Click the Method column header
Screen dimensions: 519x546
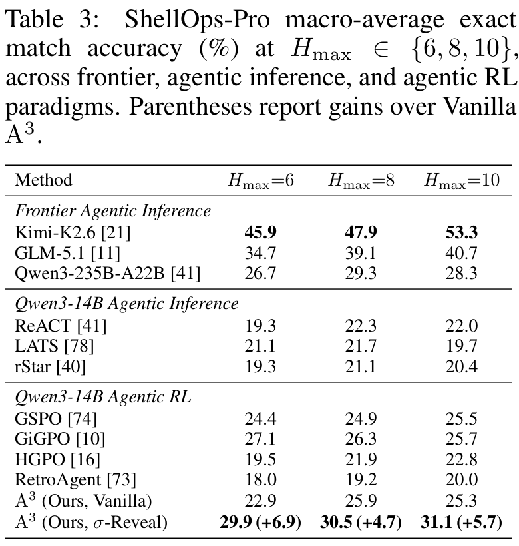[x=43, y=180]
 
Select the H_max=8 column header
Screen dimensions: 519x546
[x=361, y=180]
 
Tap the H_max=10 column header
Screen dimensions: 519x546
[x=462, y=180]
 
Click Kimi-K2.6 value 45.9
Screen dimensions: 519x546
[x=260, y=232]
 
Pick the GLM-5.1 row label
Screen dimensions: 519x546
[x=67, y=253]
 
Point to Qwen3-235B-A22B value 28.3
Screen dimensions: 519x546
[x=462, y=273]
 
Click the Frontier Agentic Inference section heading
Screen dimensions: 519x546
[x=112, y=211]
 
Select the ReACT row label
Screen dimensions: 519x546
[x=61, y=326]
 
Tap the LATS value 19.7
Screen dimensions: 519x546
[x=462, y=346]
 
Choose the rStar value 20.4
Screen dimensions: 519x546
[x=462, y=366]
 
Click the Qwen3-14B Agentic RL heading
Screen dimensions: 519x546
[x=103, y=397]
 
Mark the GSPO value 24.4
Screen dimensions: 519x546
[x=260, y=419]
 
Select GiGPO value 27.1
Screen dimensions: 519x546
[x=260, y=439]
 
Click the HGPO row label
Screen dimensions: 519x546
[x=57, y=459]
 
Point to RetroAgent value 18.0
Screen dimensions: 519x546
[x=260, y=479]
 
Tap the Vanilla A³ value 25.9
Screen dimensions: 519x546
[x=361, y=501]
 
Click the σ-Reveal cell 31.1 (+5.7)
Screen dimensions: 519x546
[x=462, y=522]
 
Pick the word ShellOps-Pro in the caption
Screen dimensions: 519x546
[x=197, y=19]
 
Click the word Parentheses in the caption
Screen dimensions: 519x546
[x=190, y=107]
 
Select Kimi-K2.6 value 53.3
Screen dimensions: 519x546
[x=462, y=232]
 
